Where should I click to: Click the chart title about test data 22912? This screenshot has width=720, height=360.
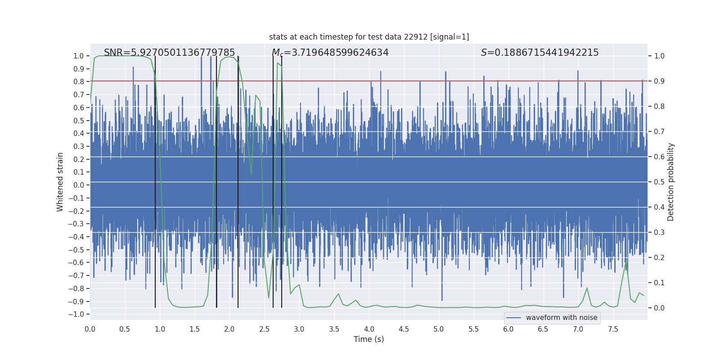[369, 37]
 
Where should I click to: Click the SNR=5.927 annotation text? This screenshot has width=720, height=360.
[169, 53]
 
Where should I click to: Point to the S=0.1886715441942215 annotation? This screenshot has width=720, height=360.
[540, 53]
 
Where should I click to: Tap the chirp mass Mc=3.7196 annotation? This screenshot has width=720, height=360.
[330, 53]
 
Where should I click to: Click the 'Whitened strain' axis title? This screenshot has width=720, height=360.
[60, 182]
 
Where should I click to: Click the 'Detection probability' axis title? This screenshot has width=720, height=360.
[671, 182]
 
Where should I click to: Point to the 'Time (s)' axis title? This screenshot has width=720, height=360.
[369, 339]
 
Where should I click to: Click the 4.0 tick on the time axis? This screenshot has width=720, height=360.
[369, 329]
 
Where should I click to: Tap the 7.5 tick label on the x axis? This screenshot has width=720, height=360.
[613, 329]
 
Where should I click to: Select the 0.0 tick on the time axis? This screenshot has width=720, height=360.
[90, 329]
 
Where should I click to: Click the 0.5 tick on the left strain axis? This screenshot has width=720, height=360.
[78, 121]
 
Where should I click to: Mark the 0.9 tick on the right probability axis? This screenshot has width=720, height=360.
[659, 81]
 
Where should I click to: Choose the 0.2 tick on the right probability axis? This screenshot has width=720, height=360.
[659, 258]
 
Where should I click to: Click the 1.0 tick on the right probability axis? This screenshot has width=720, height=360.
[659, 56]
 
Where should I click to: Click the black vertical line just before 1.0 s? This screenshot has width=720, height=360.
[155, 180]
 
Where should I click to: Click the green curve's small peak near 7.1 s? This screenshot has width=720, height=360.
[587, 288]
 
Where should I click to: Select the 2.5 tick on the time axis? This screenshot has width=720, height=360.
[264, 329]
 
